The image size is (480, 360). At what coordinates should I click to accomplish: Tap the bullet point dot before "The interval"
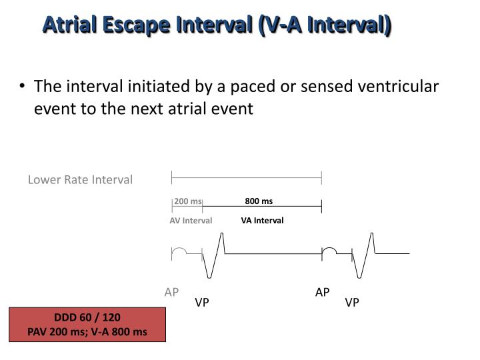click(24, 87)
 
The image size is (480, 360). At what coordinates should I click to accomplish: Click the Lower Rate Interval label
click(80, 179)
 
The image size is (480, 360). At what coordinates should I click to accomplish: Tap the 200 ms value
click(187, 201)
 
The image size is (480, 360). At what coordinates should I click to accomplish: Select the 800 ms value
click(259, 201)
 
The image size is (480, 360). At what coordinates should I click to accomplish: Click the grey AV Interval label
click(191, 221)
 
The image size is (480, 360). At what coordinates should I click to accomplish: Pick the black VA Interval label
click(262, 221)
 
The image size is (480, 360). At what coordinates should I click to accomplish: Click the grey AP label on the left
click(172, 292)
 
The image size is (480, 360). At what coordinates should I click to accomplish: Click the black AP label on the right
click(323, 292)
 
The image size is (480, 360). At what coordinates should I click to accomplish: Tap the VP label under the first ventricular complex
click(202, 303)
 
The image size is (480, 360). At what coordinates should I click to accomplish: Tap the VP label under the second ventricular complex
click(352, 303)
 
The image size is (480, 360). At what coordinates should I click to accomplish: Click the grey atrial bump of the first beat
click(179, 251)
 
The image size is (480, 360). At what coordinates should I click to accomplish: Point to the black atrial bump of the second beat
click(329, 251)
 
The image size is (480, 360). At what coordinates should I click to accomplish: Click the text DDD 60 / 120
click(87, 317)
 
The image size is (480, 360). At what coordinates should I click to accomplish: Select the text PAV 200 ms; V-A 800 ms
click(87, 331)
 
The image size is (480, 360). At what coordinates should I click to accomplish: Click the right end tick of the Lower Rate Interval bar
click(321, 177)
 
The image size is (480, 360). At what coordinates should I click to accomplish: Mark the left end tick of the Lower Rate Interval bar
click(172, 177)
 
